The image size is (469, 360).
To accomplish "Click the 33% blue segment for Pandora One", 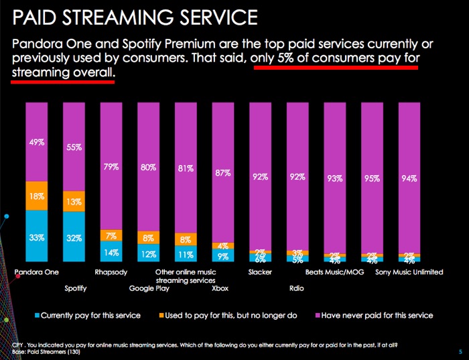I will pos(37,236).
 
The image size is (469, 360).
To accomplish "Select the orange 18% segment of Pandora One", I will pos(37,196).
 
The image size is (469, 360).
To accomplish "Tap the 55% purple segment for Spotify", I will pos(74,147).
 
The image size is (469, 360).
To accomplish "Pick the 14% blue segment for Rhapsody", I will pos(112,252).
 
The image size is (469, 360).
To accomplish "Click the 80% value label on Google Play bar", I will pos(149,168).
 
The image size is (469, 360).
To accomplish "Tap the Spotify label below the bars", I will pos(74,289).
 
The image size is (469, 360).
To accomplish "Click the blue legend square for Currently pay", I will pos(36,315).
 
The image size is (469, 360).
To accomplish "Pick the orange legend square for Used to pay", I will pos(162,315).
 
